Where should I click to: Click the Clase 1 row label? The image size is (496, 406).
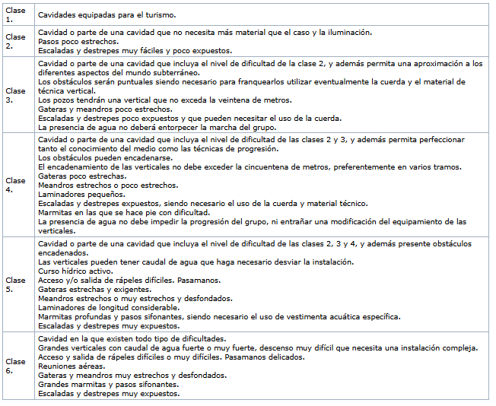click(x=15, y=14)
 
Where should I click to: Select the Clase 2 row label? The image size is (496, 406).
click(x=15, y=40)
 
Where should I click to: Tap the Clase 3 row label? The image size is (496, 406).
click(x=15, y=95)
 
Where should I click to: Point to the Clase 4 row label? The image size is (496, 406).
click(x=15, y=185)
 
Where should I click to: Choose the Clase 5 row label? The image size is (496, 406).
click(x=15, y=284)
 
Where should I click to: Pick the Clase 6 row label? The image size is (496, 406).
click(x=15, y=365)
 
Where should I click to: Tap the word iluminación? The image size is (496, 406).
click(x=348, y=33)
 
